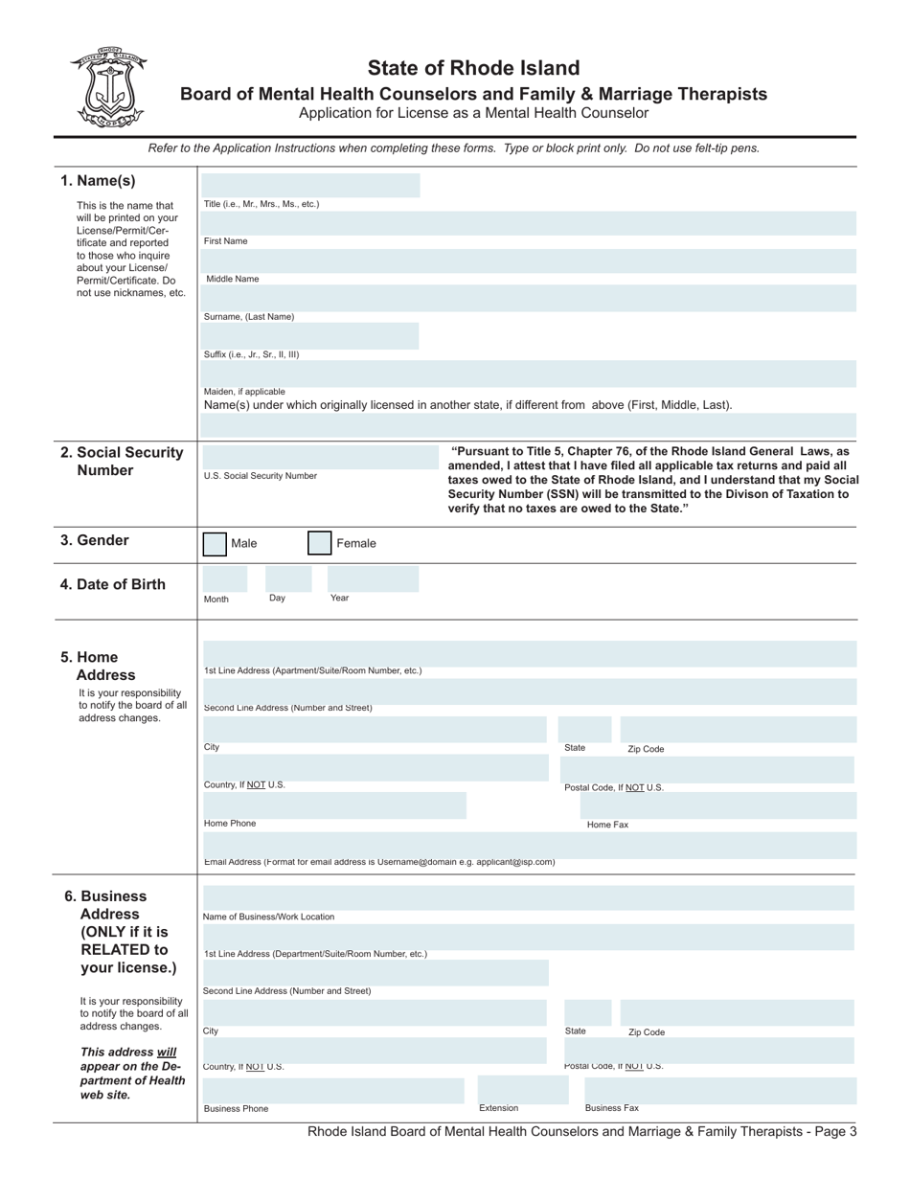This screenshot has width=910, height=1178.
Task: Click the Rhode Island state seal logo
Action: pyautogui.click(x=107, y=87)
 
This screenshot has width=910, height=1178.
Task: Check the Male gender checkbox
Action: pyautogui.click(x=215, y=544)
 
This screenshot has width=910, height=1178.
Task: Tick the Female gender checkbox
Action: pyautogui.click(x=319, y=544)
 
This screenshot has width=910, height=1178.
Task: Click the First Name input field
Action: pyautogui.click(x=529, y=224)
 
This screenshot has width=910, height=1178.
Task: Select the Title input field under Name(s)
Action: pyautogui.click(x=310, y=186)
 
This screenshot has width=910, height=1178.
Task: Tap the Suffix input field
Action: pyautogui.click(x=310, y=336)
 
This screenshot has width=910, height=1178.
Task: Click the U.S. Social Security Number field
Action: pyautogui.click(x=310, y=457)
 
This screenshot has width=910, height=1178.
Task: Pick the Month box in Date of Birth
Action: pyautogui.click(x=224, y=578)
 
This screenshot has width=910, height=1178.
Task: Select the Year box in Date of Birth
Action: pyautogui.click(x=373, y=578)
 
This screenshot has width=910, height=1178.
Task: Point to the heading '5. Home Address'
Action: pyautogui.click(x=98, y=666)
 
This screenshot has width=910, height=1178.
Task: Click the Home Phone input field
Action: pyautogui.click(x=334, y=805)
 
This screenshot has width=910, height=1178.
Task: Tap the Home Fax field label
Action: pyautogui.click(x=607, y=825)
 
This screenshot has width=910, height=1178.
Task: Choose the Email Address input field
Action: pyautogui.click(x=529, y=845)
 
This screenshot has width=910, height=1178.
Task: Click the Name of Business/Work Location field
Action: pyautogui.click(x=529, y=898)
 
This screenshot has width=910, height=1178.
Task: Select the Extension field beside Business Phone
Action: pyautogui.click(x=516, y=1090)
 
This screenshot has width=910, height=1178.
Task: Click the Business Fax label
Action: pyautogui.click(x=611, y=1108)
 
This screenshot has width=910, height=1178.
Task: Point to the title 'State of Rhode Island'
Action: pyautogui.click(x=473, y=68)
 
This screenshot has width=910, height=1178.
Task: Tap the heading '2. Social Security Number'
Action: pyautogui.click(x=124, y=461)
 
